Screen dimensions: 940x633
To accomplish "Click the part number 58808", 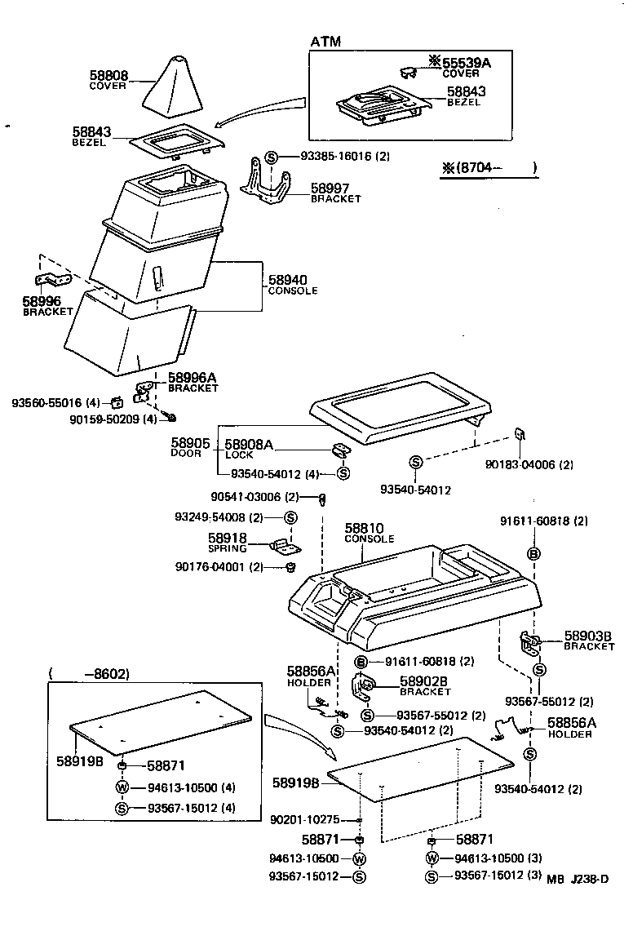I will [108, 74].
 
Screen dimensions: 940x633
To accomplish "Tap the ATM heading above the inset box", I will [325, 42].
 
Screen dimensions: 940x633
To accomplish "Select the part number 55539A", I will [466, 62].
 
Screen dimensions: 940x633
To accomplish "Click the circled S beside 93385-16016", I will [272, 157].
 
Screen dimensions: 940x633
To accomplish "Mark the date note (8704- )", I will [489, 169].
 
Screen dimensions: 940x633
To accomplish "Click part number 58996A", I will [193, 378].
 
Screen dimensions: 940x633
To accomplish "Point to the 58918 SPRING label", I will [227, 542].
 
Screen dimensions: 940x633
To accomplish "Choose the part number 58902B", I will [424, 681].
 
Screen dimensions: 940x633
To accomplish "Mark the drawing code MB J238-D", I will [578, 879].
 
